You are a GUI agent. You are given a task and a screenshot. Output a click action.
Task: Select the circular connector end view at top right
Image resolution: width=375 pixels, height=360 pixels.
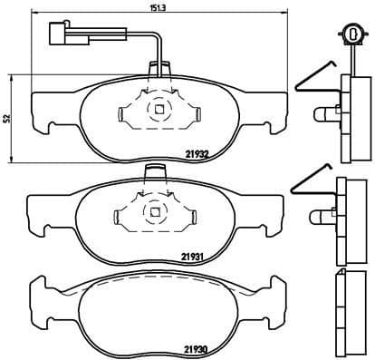(x=347, y=33)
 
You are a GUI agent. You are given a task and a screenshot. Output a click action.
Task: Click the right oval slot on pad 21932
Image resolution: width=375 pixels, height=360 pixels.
(x=193, y=113)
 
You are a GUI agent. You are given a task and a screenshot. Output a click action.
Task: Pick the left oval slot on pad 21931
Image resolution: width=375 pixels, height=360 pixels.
(x=122, y=217)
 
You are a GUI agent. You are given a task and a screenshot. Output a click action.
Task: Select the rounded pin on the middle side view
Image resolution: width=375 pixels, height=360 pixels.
(x=322, y=218)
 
